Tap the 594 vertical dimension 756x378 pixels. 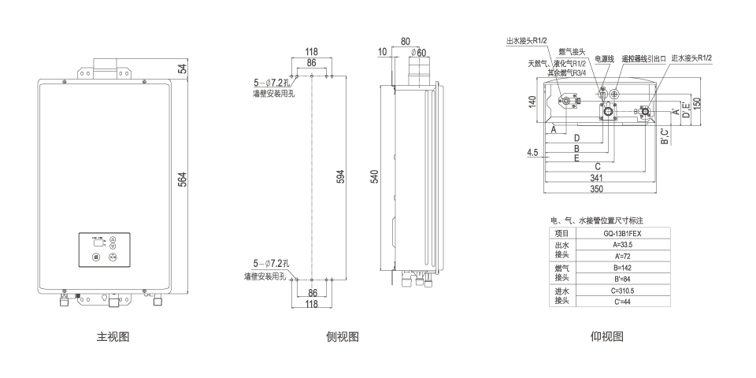341,178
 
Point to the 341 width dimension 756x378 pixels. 598,178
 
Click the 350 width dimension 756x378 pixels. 598,190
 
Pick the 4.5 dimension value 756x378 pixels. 533,153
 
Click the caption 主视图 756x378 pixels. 113,337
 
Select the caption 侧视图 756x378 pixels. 343,337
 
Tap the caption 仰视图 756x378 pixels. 606,337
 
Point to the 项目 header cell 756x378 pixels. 561,234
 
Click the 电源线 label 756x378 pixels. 604,58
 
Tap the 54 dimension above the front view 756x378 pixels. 183,69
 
